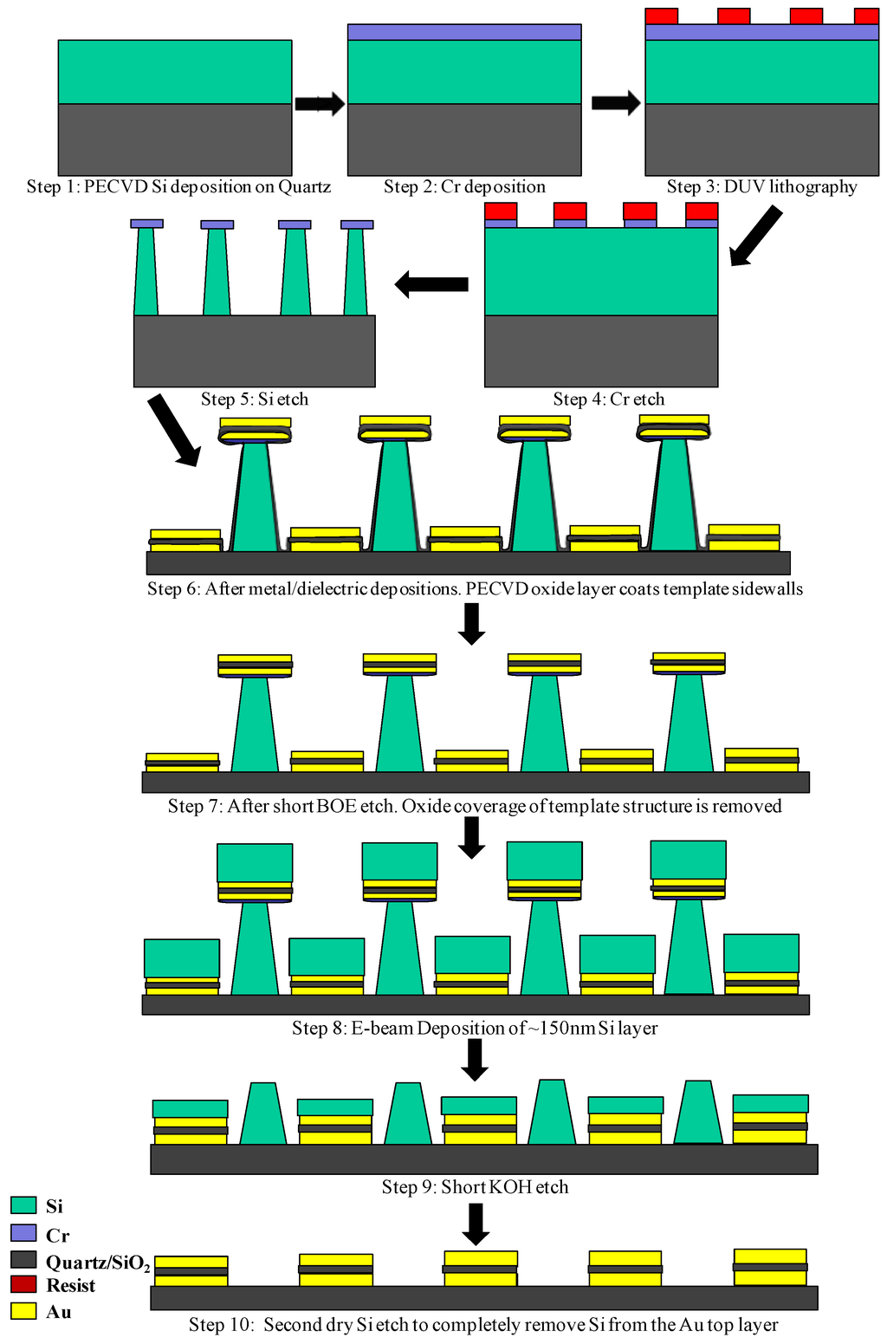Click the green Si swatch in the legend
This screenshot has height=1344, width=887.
(x=23, y=1205)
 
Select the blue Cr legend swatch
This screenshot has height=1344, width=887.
(x=23, y=1233)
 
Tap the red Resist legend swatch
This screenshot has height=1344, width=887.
(x=23, y=1284)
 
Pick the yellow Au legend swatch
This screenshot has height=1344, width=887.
(x=23, y=1311)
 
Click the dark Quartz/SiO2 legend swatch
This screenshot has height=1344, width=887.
(x=23, y=1260)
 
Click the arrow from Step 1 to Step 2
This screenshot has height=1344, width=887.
(x=320, y=104)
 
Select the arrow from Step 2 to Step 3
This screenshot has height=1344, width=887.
(x=616, y=103)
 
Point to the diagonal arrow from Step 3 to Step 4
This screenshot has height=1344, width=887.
(x=755, y=237)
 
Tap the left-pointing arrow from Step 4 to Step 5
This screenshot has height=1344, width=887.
(x=431, y=284)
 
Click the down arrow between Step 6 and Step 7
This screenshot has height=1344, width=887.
(x=471, y=624)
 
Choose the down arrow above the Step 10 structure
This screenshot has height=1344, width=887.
(x=476, y=1224)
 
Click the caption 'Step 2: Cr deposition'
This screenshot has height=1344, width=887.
(x=464, y=187)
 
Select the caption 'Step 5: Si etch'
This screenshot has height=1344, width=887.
(x=255, y=399)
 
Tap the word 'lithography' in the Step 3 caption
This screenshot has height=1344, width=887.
(x=813, y=187)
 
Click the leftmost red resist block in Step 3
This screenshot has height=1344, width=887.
(x=662, y=16)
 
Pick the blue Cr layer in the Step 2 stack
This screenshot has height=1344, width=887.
(x=464, y=32)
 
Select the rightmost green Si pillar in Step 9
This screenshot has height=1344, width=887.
(x=698, y=1113)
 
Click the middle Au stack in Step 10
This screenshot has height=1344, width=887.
(x=481, y=1269)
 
